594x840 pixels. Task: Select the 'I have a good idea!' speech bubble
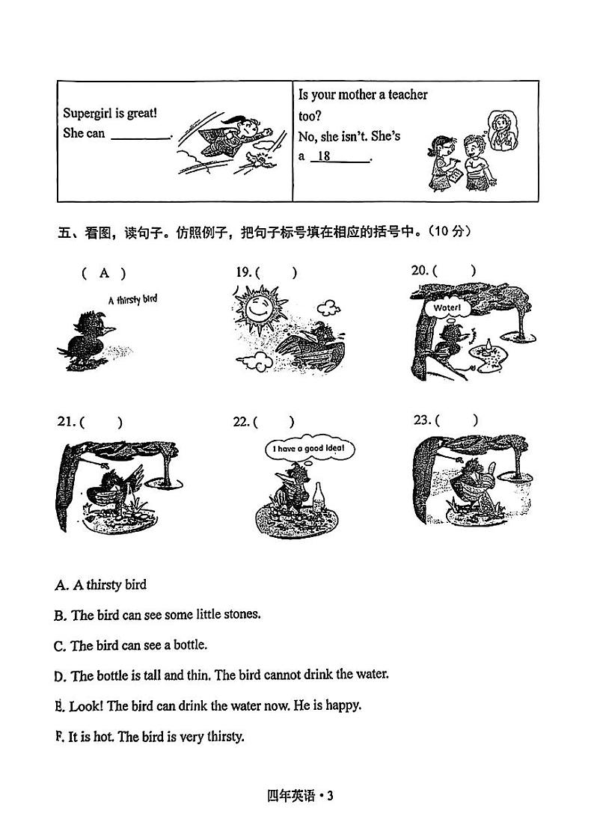click(x=308, y=449)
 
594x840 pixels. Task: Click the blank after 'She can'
click(x=140, y=135)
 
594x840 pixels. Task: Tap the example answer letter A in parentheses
click(x=105, y=274)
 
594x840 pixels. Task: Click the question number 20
click(x=419, y=271)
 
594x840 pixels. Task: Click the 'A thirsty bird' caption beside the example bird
click(x=132, y=300)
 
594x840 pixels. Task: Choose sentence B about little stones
click(x=157, y=615)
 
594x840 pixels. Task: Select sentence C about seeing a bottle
click(x=131, y=645)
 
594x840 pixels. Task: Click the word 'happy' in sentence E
click(x=343, y=705)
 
